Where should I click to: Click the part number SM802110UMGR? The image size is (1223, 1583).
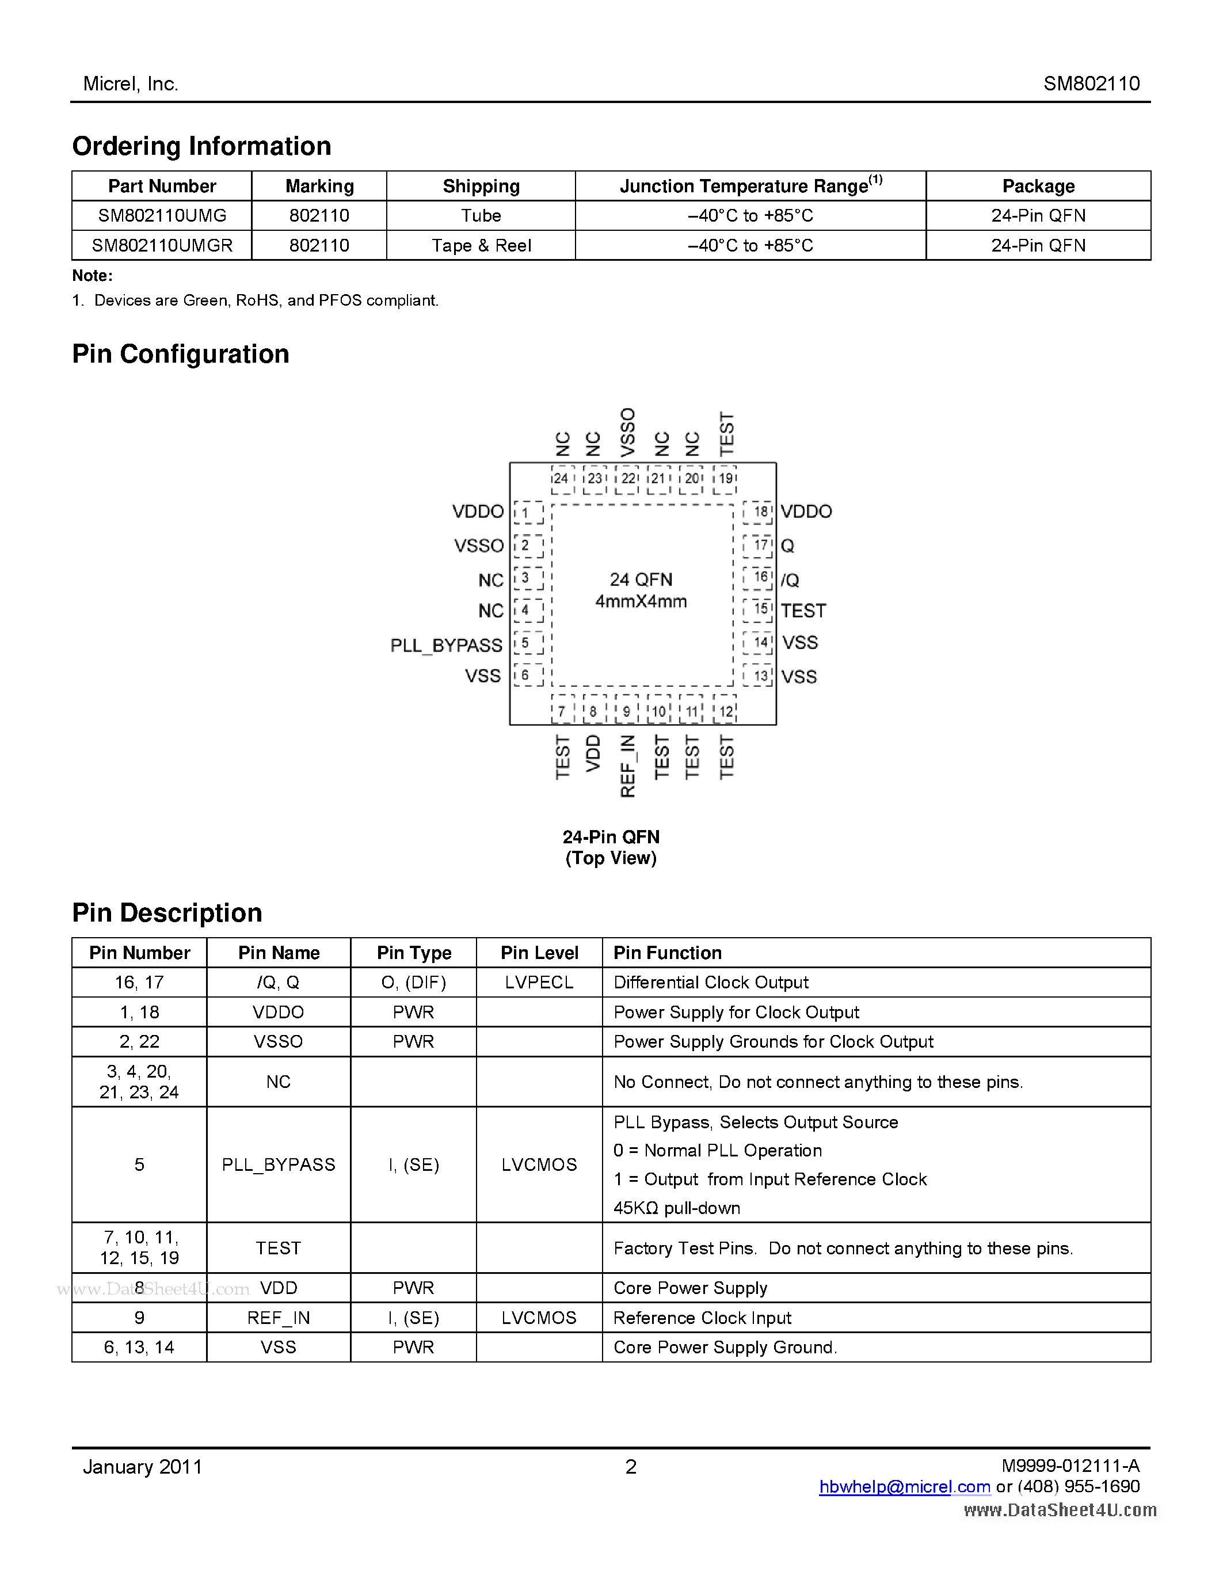162,246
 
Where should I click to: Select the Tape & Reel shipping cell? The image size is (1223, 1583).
481,246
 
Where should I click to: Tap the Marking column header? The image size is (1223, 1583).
319,187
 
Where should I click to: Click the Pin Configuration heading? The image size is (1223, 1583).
180,353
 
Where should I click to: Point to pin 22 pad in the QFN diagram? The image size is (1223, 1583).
627,478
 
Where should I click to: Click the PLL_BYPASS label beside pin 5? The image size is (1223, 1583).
445,645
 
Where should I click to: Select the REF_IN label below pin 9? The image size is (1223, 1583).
627,766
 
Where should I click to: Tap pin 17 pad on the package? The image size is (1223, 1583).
759,545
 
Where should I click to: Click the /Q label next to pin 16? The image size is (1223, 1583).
790,580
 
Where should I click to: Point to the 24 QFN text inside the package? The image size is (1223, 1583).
641,579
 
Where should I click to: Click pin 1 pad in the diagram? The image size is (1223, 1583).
527,512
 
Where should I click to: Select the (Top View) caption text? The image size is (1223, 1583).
611,858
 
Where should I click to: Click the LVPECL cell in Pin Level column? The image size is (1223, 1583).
539,982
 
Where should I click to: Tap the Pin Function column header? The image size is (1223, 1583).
667,953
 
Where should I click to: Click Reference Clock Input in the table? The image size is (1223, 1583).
702,1318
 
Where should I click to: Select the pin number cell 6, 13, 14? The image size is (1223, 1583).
139,1347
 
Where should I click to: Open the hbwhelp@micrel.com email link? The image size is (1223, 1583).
904,1487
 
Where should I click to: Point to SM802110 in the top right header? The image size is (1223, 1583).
1091,83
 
